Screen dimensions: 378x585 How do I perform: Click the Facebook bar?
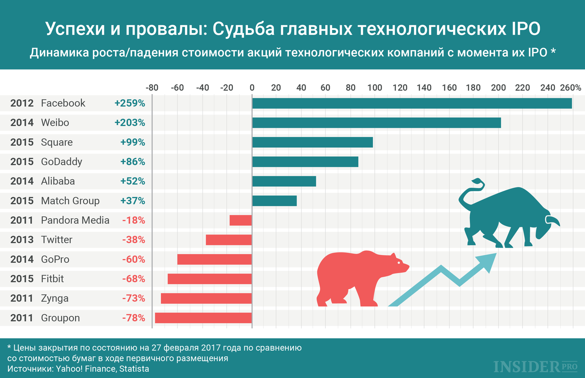click(412, 103)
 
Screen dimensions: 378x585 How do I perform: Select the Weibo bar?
click(377, 123)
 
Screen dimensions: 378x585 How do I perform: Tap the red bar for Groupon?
click(203, 318)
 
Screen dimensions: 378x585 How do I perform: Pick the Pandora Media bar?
click(241, 220)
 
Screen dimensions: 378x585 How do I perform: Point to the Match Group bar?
click(274, 201)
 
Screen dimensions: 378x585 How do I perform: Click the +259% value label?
click(130, 103)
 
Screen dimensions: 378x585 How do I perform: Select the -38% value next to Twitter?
click(133, 240)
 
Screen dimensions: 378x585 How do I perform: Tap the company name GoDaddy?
click(61, 162)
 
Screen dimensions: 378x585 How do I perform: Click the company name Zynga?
click(54, 299)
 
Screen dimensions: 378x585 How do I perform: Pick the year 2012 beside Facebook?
click(22, 103)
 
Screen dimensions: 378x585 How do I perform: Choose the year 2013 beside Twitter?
click(22, 240)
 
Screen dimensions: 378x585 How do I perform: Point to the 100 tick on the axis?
click(375, 87)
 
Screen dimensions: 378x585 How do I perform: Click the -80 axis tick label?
click(152, 87)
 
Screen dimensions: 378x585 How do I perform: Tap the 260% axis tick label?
click(570, 87)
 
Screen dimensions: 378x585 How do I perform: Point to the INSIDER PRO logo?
click(535, 366)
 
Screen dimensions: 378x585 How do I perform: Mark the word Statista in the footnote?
click(134, 369)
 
